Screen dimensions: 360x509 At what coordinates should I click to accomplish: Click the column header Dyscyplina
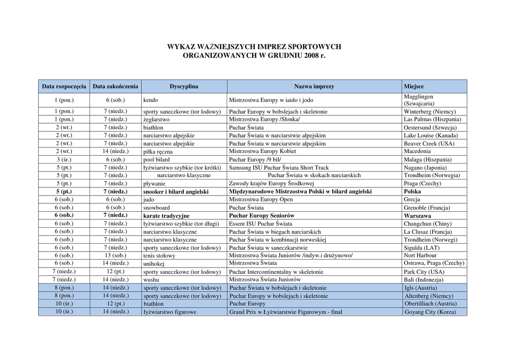184,87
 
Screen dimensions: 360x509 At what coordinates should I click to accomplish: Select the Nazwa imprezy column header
314,87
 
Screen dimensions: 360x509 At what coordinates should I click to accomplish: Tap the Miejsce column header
414,87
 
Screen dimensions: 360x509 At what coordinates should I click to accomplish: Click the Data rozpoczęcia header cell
64,87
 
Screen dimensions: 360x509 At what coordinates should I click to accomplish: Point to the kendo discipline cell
151,100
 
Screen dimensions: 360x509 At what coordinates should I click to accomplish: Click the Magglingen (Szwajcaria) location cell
419,100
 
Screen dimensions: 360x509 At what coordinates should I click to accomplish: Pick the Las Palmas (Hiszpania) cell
432,119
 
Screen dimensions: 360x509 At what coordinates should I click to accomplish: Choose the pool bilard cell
156,160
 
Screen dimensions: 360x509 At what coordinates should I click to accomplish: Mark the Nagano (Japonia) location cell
425,168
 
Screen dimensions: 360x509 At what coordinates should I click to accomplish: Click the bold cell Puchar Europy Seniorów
261,216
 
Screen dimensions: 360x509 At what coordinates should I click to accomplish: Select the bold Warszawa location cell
418,216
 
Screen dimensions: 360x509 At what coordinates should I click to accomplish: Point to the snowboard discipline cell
156,208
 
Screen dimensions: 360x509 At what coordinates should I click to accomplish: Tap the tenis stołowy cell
159,256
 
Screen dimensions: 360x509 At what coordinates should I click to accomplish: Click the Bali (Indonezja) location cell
424,280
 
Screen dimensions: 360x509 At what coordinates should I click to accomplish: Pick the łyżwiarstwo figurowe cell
170,312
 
